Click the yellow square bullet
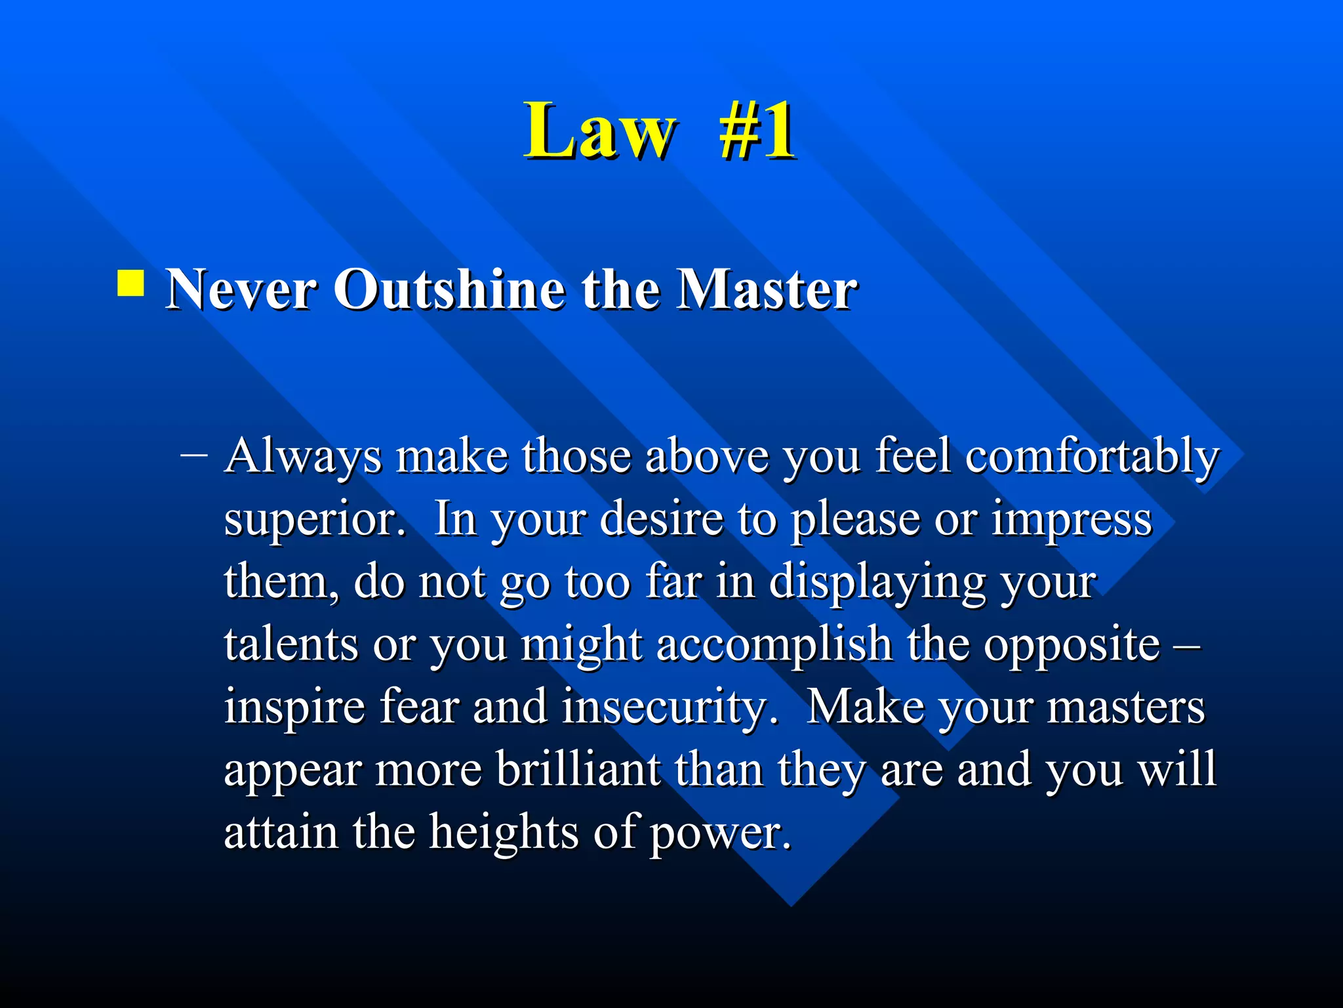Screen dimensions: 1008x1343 pos(130,283)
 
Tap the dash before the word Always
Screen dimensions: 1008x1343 pos(194,454)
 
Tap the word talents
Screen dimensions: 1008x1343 pos(291,644)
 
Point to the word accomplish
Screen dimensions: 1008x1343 pos(774,645)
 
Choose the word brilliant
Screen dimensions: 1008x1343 pos(577,769)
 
